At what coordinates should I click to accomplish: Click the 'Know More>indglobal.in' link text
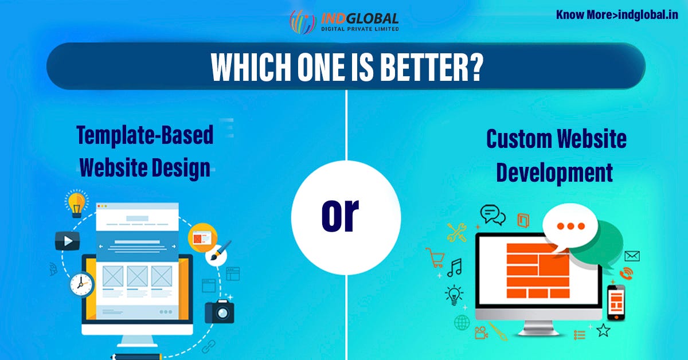[x=617, y=14]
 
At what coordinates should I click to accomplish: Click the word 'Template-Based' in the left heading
[x=144, y=136]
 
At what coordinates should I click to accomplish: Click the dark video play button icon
[x=67, y=241]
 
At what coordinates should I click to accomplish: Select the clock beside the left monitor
[x=81, y=283]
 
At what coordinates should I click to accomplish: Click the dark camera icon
[x=219, y=311]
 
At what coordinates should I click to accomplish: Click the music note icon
[x=454, y=268]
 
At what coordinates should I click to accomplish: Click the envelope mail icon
[x=632, y=256]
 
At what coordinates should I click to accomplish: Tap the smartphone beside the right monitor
[x=616, y=302]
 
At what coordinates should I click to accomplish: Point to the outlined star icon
[x=603, y=330]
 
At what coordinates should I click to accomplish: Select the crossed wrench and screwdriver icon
[x=457, y=232]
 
